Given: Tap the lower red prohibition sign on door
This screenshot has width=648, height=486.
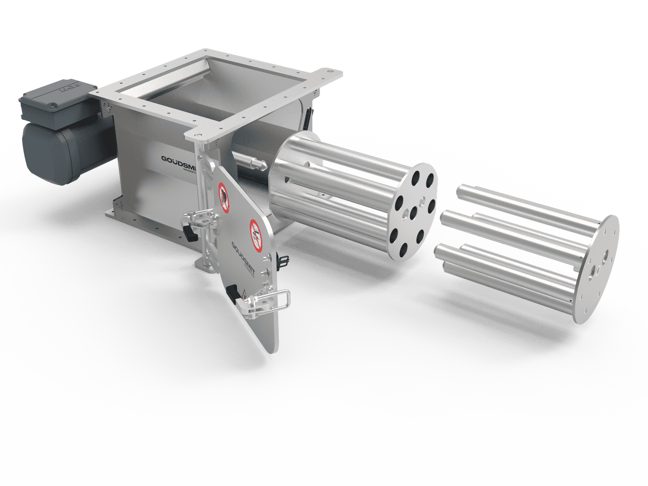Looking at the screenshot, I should (256, 235).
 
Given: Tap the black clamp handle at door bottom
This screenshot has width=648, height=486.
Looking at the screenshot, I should (234, 293).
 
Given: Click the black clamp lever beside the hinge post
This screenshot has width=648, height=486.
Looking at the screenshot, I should (190, 234).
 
